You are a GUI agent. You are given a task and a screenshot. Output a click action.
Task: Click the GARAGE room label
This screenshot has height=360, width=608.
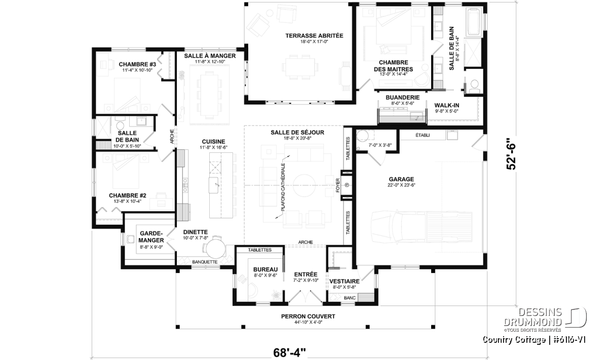pyautogui.click(x=401, y=179)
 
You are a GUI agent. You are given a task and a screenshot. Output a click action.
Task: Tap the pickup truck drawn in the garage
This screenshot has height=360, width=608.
pyautogui.click(x=422, y=227)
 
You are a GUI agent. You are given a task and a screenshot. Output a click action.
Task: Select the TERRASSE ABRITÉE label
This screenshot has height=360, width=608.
pyautogui.click(x=314, y=35)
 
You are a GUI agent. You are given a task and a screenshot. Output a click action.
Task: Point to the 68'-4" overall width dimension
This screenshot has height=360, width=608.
pyautogui.click(x=289, y=353)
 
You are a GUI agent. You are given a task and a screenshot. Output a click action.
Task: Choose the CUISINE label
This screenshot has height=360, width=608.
pyautogui.click(x=213, y=142)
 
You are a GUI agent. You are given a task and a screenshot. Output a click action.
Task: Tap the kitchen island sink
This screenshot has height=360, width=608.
pyautogui.click(x=214, y=185)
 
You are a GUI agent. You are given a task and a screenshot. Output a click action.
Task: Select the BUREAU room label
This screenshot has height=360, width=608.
pyautogui.click(x=265, y=269)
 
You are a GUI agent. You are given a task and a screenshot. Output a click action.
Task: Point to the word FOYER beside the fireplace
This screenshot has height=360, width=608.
pyautogui.click(x=337, y=185)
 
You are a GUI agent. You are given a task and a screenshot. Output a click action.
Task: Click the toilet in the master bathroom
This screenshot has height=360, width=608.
pyautogui.click(x=474, y=85)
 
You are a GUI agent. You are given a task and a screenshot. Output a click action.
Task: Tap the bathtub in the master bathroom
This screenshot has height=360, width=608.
pyautogui.click(x=474, y=22)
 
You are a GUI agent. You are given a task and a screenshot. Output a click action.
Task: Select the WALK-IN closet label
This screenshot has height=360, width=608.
pyautogui.click(x=447, y=105)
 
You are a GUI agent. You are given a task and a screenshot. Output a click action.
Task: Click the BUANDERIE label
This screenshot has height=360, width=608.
pyautogui.click(x=402, y=97)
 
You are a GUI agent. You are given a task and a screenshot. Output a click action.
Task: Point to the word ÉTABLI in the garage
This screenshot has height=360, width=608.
pyautogui.click(x=423, y=135)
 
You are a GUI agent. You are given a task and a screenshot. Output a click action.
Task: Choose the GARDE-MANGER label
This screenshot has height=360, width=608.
pyautogui.click(x=151, y=237)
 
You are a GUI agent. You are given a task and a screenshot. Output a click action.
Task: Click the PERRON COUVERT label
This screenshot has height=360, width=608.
pyautogui.click(x=308, y=316)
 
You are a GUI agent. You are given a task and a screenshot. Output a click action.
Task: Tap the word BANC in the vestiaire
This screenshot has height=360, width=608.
pyautogui.click(x=350, y=298)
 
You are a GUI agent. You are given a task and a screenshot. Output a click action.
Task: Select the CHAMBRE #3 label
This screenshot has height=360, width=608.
pyautogui.click(x=137, y=64)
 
